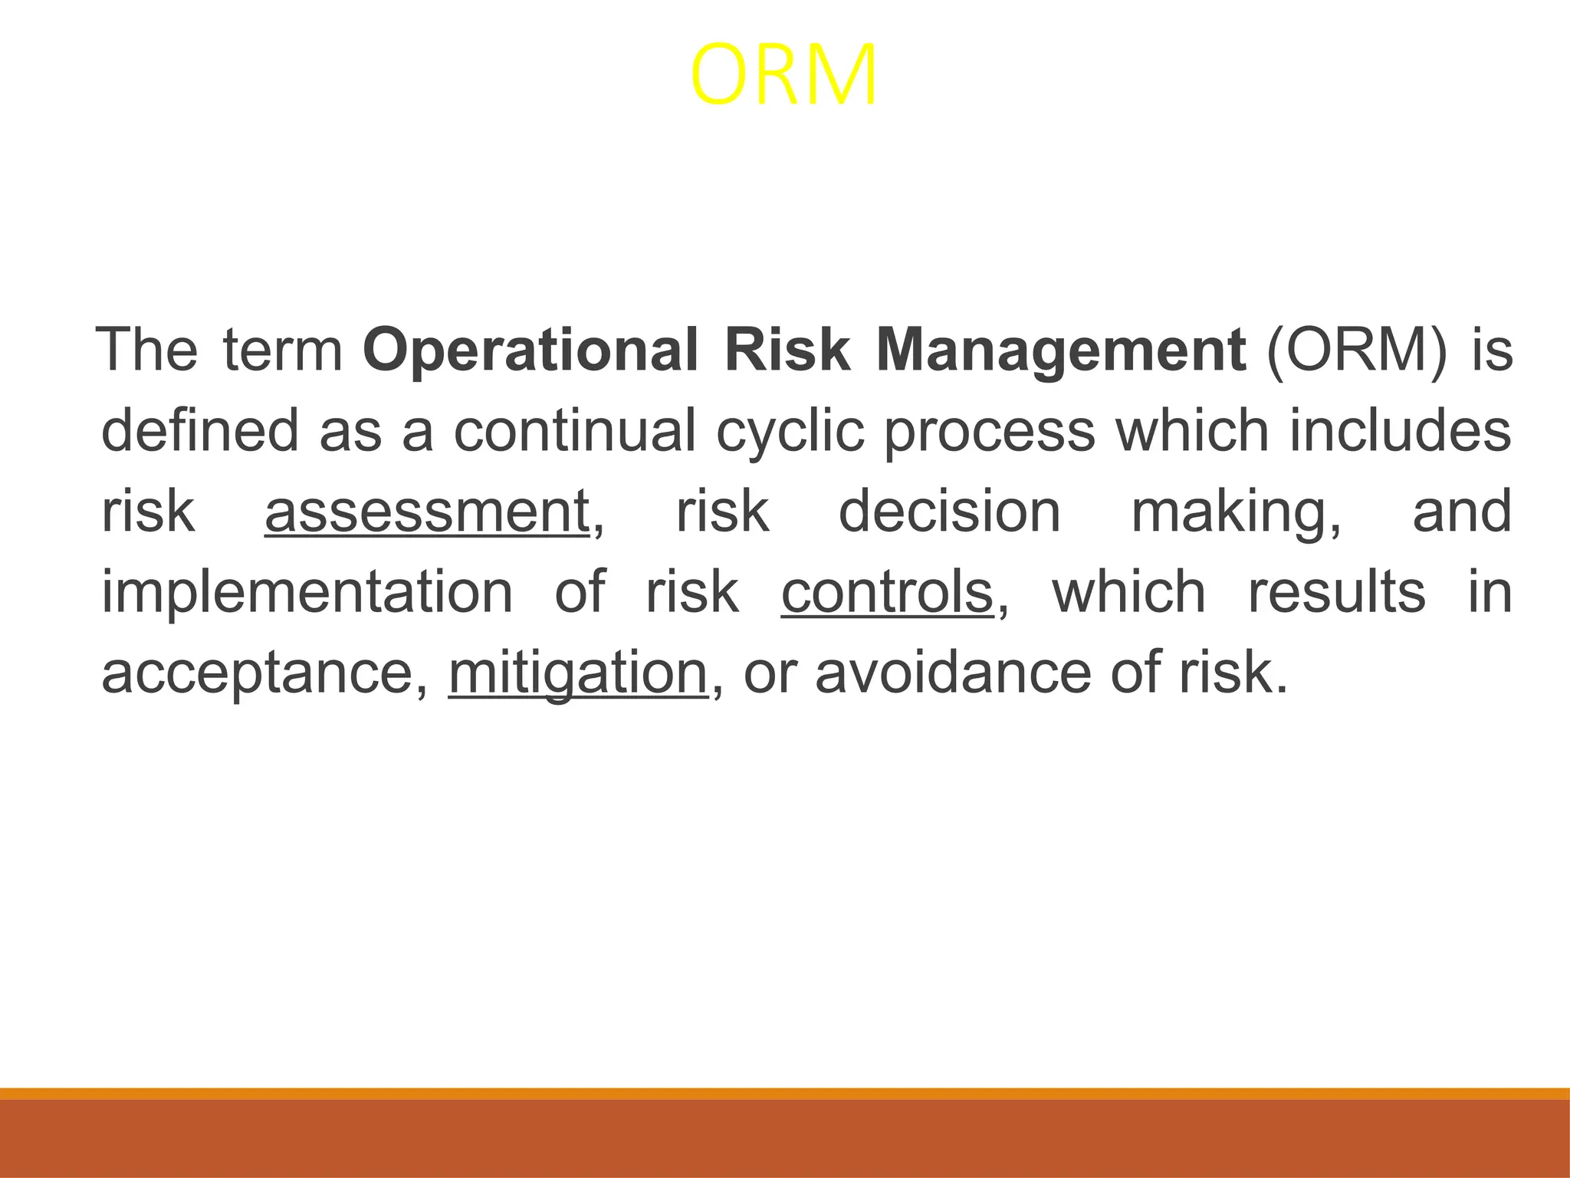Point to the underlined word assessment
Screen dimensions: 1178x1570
[427, 512]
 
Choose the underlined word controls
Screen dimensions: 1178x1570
[887, 592]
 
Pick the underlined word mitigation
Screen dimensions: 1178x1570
[578, 673]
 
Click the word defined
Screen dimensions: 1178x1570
[200, 430]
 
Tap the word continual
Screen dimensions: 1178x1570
[575, 430]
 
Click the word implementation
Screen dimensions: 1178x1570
[307, 592]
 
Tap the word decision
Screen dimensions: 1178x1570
[950, 512]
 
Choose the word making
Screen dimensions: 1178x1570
[1235, 512]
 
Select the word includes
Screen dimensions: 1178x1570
[1400, 430]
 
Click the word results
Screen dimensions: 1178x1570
[1337, 592]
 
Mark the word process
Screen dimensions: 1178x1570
[990, 430]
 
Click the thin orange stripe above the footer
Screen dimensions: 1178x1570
[785, 1094]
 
